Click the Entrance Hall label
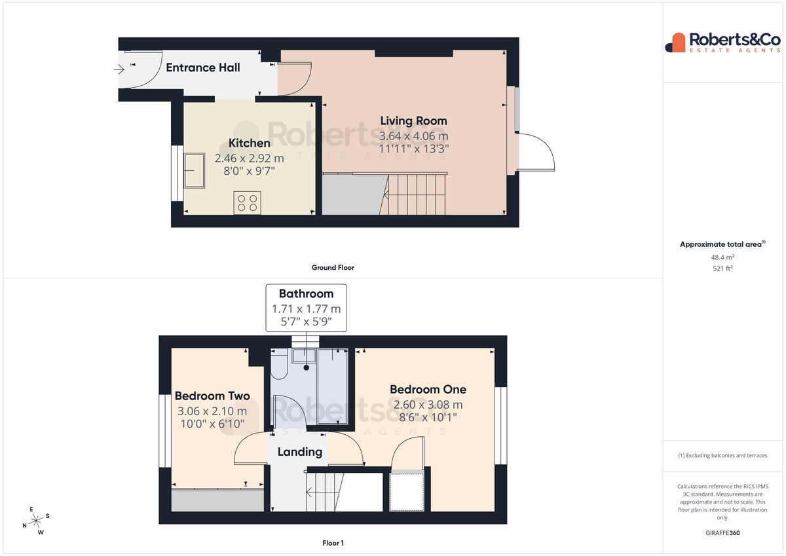click(203, 67)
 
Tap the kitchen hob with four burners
click(248, 203)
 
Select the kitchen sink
click(194, 170)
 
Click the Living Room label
click(414, 121)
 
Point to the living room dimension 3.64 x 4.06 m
click(414, 136)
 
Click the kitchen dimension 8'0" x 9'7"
click(249, 171)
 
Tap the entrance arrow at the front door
click(119, 69)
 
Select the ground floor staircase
click(413, 195)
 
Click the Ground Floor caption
click(333, 268)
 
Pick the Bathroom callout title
click(306, 293)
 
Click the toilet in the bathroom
click(279, 364)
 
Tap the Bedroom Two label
click(212, 396)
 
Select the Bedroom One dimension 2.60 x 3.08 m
click(428, 405)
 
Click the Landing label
click(300, 452)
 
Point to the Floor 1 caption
click(333, 543)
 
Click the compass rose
click(36, 521)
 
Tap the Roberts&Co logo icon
click(675, 43)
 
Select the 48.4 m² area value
click(722, 257)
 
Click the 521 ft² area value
click(722, 269)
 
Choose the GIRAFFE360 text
click(722, 533)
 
